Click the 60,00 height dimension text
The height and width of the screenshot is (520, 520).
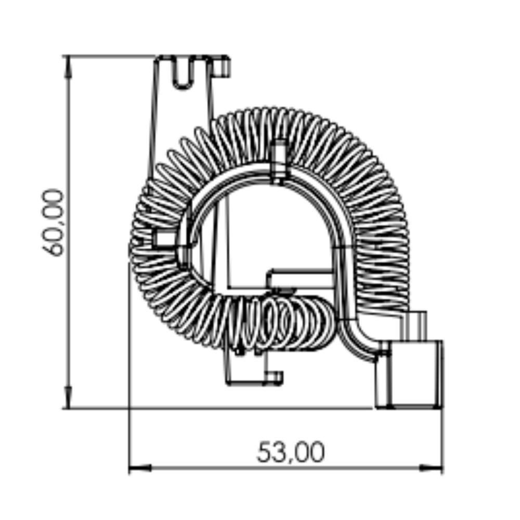click(x=53, y=223)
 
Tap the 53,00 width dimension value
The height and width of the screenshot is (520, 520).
click(x=291, y=452)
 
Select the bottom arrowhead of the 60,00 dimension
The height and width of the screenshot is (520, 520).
click(x=68, y=397)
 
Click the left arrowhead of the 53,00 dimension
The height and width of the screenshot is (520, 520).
click(x=140, y=468)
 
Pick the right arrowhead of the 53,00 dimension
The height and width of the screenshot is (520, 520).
click(x=431, y=468)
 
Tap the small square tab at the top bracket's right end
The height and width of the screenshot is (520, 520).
click(x=221, y=67)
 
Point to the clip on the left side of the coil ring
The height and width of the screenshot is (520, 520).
click(x=165, y=239)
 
